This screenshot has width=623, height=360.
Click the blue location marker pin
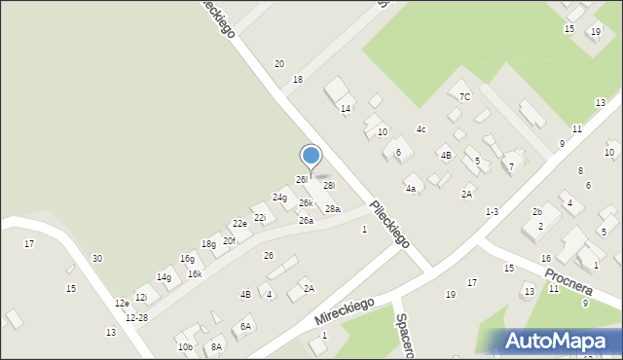311,157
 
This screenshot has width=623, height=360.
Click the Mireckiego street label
345,310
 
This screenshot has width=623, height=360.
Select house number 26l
302,180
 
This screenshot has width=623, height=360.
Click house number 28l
329,185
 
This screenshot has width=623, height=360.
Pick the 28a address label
333,209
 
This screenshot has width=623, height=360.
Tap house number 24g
279,198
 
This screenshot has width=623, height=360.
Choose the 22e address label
238,224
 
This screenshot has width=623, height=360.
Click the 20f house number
229,240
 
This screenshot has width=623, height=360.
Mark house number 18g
208,244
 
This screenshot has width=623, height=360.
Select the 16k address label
195,274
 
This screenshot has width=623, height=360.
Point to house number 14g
164,277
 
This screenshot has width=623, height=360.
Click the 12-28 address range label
136,318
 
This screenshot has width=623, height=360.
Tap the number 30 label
96,258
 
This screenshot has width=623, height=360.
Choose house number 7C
465,96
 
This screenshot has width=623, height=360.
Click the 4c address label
421,129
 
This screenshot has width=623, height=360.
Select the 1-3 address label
492,211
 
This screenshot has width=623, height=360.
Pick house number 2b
536,211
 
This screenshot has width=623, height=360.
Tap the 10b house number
184,347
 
